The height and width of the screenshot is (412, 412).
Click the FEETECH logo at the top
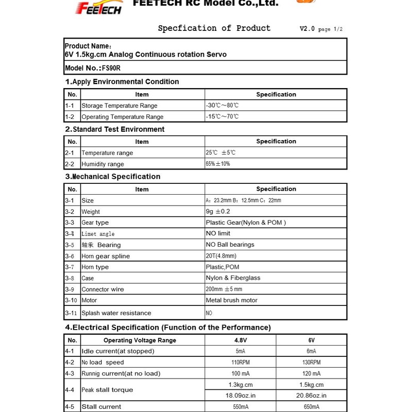pos(98,8)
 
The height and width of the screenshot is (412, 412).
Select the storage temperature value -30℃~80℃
pos(222,106)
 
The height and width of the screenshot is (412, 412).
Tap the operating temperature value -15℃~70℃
pos(222,117)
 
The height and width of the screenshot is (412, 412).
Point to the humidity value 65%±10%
pos(218,164)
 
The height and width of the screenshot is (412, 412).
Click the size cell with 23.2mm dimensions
pos(243,200)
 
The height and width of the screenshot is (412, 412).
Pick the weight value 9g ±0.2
pos(218,212)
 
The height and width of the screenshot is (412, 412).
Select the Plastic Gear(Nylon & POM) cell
pos(246,222)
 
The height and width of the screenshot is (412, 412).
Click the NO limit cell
pos(218,234)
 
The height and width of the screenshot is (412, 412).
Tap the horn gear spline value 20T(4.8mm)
pos(221,256)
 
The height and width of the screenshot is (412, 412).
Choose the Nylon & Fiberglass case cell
pos(233,278)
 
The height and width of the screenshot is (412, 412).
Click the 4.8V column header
pos(241,340)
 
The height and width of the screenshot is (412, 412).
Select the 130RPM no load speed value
pos(311,363)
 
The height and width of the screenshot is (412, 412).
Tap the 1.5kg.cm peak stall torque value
pos(311,385)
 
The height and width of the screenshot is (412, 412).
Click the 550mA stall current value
pos(241,407)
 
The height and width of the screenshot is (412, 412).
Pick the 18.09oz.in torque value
pos(241,396)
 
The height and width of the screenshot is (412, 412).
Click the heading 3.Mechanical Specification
pos(113,177)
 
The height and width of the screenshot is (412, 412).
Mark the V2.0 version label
pos(307,29)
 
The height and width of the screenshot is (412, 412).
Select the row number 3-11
pos(71,313)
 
